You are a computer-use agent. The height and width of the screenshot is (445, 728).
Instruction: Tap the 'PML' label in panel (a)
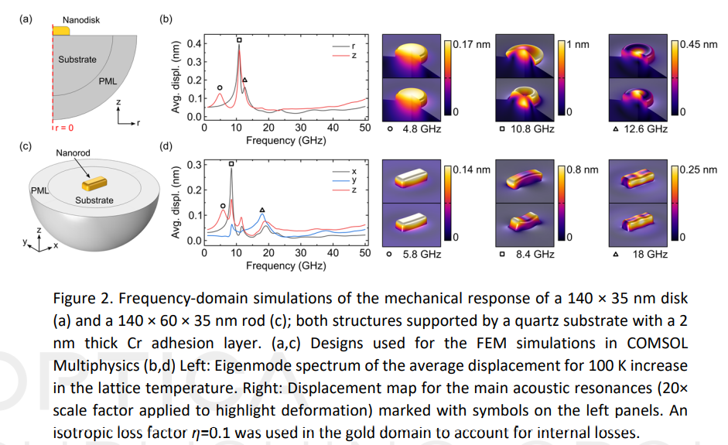tap(108, 80)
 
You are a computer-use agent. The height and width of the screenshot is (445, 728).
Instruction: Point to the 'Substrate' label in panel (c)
tap(94, 200)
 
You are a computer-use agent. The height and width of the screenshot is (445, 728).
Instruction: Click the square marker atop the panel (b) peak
tap(239, 39)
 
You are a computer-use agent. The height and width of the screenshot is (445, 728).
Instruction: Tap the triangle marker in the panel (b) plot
tap(245, 80)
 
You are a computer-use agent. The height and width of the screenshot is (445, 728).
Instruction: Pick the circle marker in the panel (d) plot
tap(223, 206)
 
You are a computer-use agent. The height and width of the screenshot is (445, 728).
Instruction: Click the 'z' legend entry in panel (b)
tap(353, 56)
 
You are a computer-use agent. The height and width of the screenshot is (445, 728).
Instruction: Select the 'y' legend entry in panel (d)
tap(353, 180)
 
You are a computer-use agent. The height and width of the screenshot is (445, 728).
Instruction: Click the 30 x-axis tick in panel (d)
tap(300, 252)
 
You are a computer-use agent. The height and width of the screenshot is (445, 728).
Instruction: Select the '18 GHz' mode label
tap(650, 254)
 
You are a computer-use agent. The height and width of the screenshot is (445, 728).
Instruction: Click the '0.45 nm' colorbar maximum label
tap(698, 45)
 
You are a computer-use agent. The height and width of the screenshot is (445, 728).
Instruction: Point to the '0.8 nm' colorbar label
tap(585, 169)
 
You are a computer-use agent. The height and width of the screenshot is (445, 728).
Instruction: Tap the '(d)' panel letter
tap(164, 145)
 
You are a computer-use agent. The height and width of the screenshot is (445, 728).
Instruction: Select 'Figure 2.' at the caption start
tap(84, 299)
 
